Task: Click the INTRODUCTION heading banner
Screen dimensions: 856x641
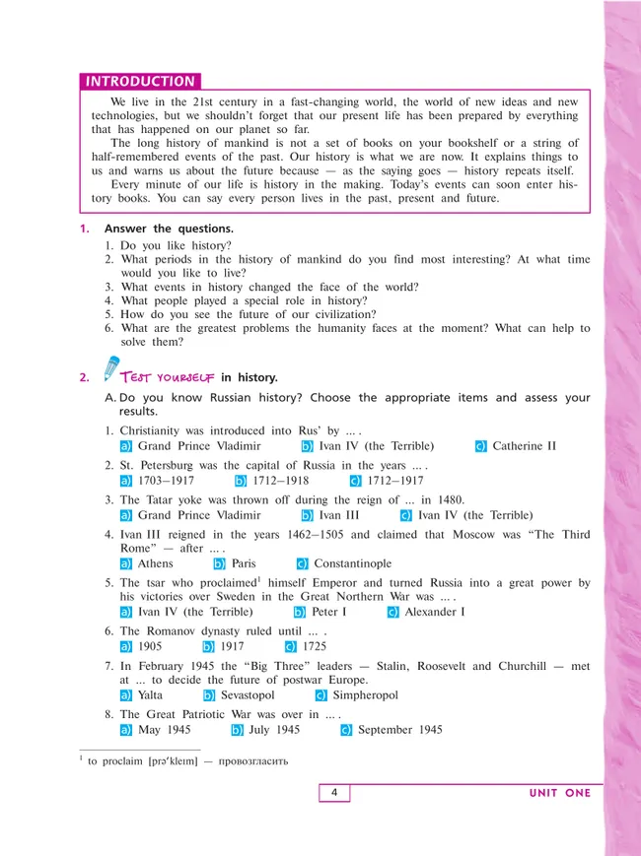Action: (140, 82)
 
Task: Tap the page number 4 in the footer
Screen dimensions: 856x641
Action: (334, 792)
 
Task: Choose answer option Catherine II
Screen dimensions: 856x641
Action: (524, 446)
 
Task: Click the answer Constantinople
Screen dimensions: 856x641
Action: (352, 563)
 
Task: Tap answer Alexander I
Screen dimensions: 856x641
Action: (434, 612)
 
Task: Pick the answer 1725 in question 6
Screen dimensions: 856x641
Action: (317, 646)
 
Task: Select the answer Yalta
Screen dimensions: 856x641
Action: (151, 695)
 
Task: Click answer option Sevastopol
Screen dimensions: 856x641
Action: (248, 695)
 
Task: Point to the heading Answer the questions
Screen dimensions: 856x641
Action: (168, 229)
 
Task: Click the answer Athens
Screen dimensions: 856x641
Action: (155, 563)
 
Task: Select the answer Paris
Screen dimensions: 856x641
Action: (243, 563)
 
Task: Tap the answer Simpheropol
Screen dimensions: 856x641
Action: (365, 695)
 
